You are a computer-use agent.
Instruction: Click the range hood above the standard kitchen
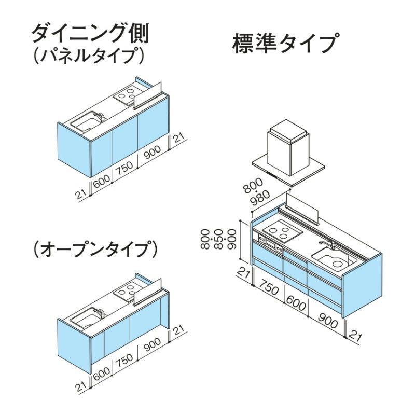(x=288, y=148)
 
